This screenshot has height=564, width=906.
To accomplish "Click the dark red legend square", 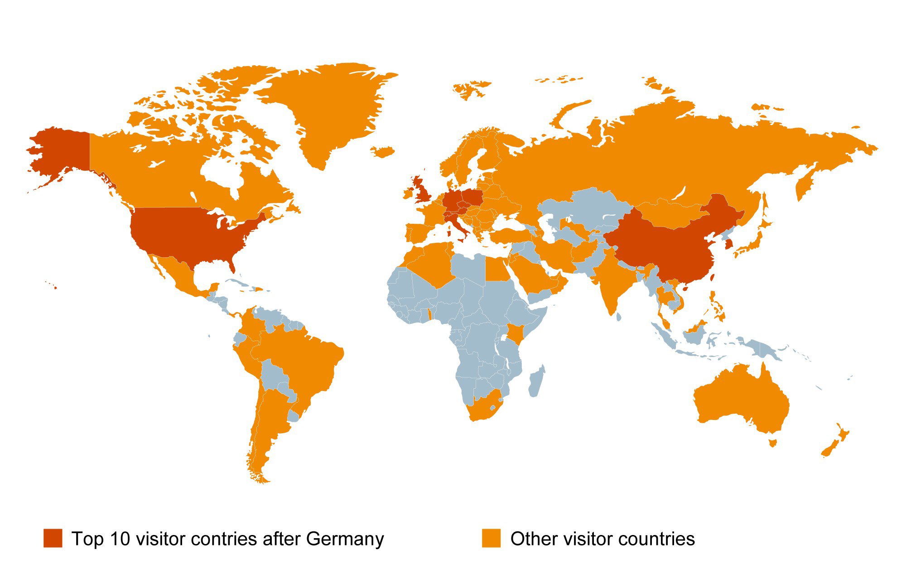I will tap(53, 538).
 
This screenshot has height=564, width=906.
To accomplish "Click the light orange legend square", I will tap(491, 538).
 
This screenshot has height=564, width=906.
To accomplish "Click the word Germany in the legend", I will tap(345, 539).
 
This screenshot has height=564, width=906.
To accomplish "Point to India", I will tap(612, 281).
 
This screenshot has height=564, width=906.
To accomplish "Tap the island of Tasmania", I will tap(773, 443).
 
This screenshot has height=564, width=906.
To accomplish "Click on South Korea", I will tap(728, 244).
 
